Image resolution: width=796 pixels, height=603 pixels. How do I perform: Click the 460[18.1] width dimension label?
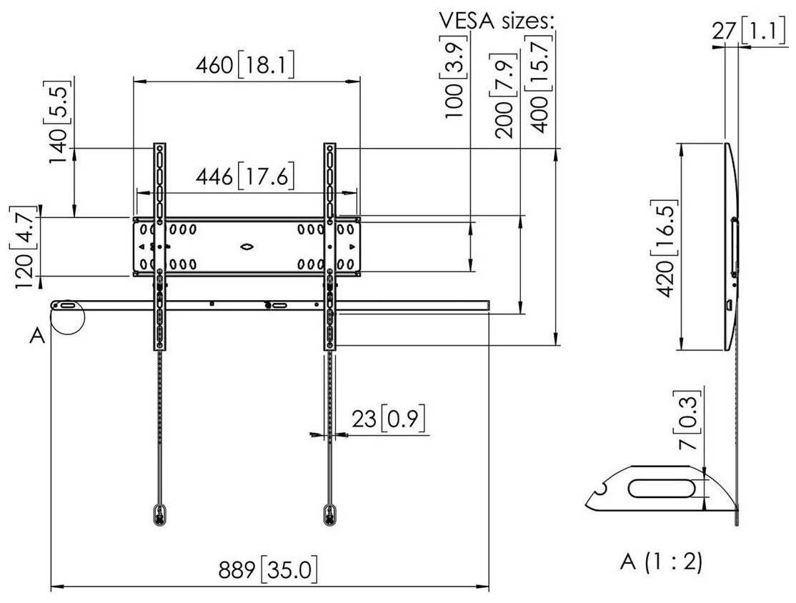245,66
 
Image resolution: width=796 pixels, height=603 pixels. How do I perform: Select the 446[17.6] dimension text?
245,176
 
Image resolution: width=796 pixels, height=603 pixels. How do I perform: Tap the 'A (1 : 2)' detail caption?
660,562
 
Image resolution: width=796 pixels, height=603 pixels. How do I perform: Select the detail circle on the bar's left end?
69,317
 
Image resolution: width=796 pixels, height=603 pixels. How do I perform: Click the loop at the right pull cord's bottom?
329,513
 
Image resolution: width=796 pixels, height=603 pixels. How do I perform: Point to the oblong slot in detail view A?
661,489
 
